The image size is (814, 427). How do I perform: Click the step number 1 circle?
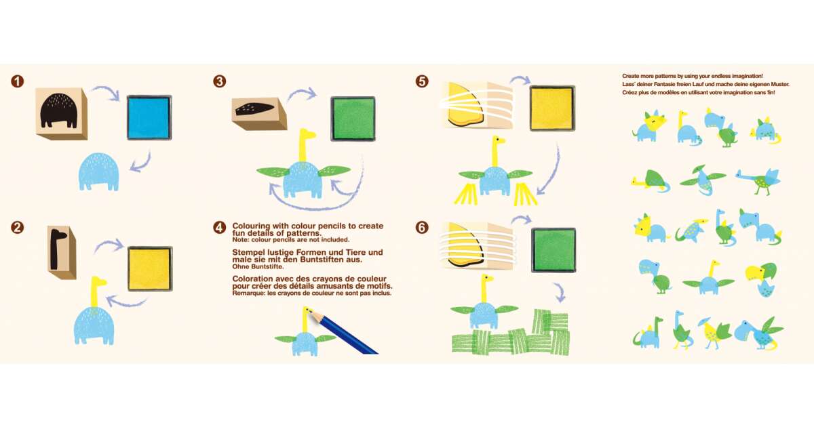(x=18, y=81)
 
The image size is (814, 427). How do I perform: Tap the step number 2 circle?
(x=18, y=228)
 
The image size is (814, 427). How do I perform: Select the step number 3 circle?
(x=220, y=81)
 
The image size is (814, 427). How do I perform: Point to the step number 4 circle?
(x=220, y=228)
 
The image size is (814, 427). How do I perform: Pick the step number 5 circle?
(x=422, y=81)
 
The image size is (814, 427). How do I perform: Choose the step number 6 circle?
(x=422, y=228)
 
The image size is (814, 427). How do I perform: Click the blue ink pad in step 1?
(x=149, y=118)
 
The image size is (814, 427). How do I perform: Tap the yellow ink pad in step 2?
(x=150, y=268)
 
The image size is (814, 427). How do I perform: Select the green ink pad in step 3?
(x=353, y=119)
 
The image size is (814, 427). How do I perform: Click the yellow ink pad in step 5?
(x=552, y=108)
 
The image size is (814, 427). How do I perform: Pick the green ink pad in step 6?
(x=554, y=250)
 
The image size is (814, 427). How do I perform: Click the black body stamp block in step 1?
(x=62, y=114)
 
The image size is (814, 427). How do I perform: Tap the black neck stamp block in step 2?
(x=62, y=252)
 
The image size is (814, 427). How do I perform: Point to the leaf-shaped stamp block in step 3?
(x=259, y=113)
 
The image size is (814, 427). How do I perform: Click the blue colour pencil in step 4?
(x=345, y=333)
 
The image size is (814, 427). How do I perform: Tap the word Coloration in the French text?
(x=252, y=279)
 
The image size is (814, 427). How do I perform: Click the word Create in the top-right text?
(x=630, y=76)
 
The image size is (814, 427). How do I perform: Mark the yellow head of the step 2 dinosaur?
(x=98, y=282)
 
